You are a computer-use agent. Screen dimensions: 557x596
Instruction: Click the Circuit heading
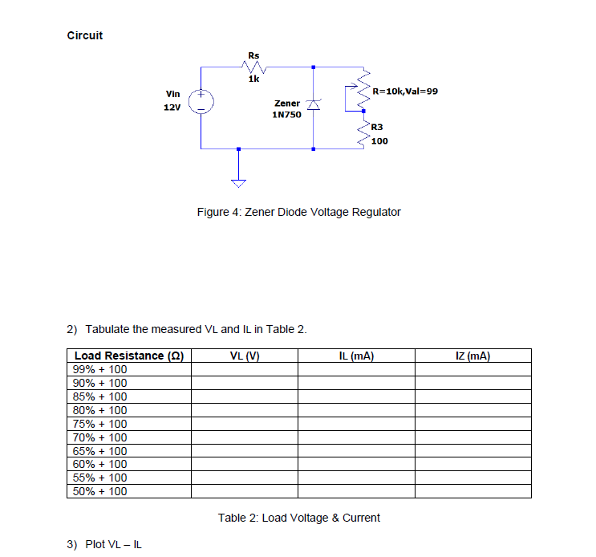(x=84, y=35)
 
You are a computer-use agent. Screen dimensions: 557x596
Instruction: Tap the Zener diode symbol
(x=314, y=103)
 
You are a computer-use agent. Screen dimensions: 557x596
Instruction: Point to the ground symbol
(x=238, y=182)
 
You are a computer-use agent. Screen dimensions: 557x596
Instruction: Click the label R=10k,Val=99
(x=405, y=91)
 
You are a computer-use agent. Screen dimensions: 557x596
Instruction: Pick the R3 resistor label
(x=377, y=127)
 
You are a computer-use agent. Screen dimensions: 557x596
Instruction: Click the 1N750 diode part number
(x=286, y=115)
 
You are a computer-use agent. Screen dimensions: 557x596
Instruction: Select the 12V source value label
(x=172, y=108)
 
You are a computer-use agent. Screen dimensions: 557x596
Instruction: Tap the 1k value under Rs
(x=253, y=79)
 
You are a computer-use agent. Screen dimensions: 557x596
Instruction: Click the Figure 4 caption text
(x=298, y=212)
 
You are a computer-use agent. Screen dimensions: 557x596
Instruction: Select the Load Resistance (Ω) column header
(x=128, y=356)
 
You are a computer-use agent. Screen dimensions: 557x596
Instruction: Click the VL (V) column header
(x=245, y=356)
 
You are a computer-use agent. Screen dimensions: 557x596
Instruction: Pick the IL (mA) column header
(x=357, y=356)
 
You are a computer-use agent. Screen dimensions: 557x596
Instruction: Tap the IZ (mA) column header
(x=472, y=356)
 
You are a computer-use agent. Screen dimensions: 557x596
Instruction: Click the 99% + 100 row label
(x=99, y=369)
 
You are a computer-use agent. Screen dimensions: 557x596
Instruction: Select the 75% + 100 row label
(x=99, y=424)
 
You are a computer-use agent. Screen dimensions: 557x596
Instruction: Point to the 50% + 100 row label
(x=99, y=491)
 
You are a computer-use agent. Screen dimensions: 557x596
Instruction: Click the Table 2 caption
(x=298, y=518)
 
